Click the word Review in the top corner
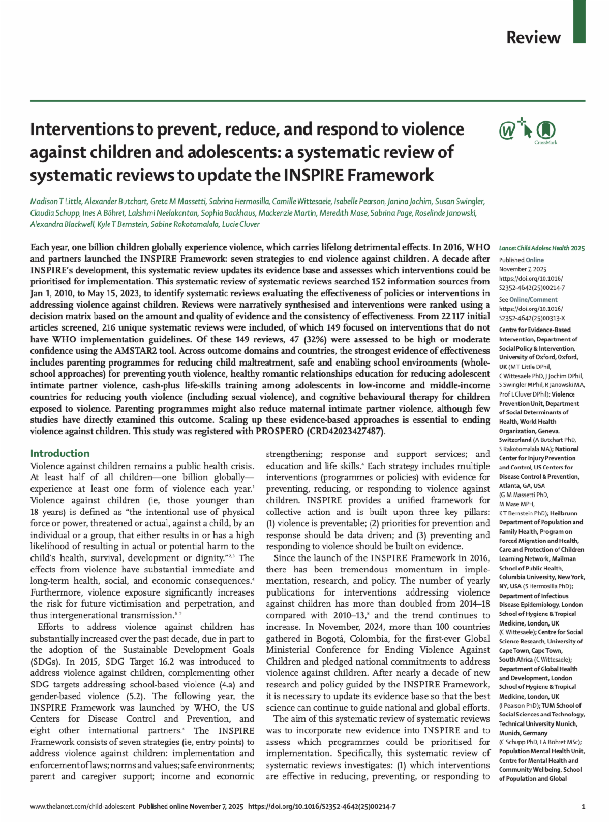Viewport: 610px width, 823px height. coord(533,38)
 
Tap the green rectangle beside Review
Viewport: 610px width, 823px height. coord(579,21)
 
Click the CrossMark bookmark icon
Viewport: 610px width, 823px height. coord(545,129)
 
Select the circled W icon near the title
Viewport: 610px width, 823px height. coord(507,131)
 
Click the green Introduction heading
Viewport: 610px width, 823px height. coord(59,453)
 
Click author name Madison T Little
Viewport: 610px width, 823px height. coord(58,202)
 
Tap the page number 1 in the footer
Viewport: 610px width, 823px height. coord(583,806)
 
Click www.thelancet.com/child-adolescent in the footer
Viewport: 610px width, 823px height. coord(82,806)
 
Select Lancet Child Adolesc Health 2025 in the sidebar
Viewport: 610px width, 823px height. coord(541,248)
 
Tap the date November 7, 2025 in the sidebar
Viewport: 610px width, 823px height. coord(522,269)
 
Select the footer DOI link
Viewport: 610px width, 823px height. coord(321,806)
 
